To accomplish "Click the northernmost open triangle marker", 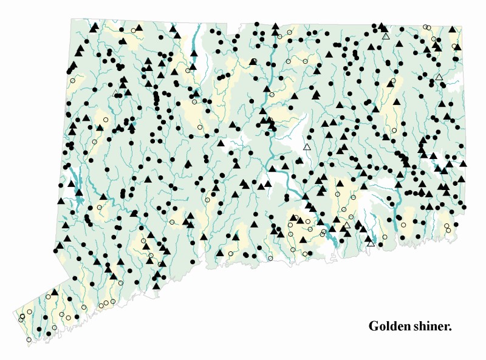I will coord(386,36).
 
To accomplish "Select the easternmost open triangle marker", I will coord(439,77).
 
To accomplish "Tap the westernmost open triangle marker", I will coord(115,93).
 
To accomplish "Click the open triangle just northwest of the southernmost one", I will coord(347,226).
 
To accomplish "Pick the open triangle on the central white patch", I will coord(307,147).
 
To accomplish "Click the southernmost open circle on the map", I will coord(29,339).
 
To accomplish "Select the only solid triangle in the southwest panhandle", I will coord(55,292).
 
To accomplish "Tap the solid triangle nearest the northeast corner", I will coord(452,29).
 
